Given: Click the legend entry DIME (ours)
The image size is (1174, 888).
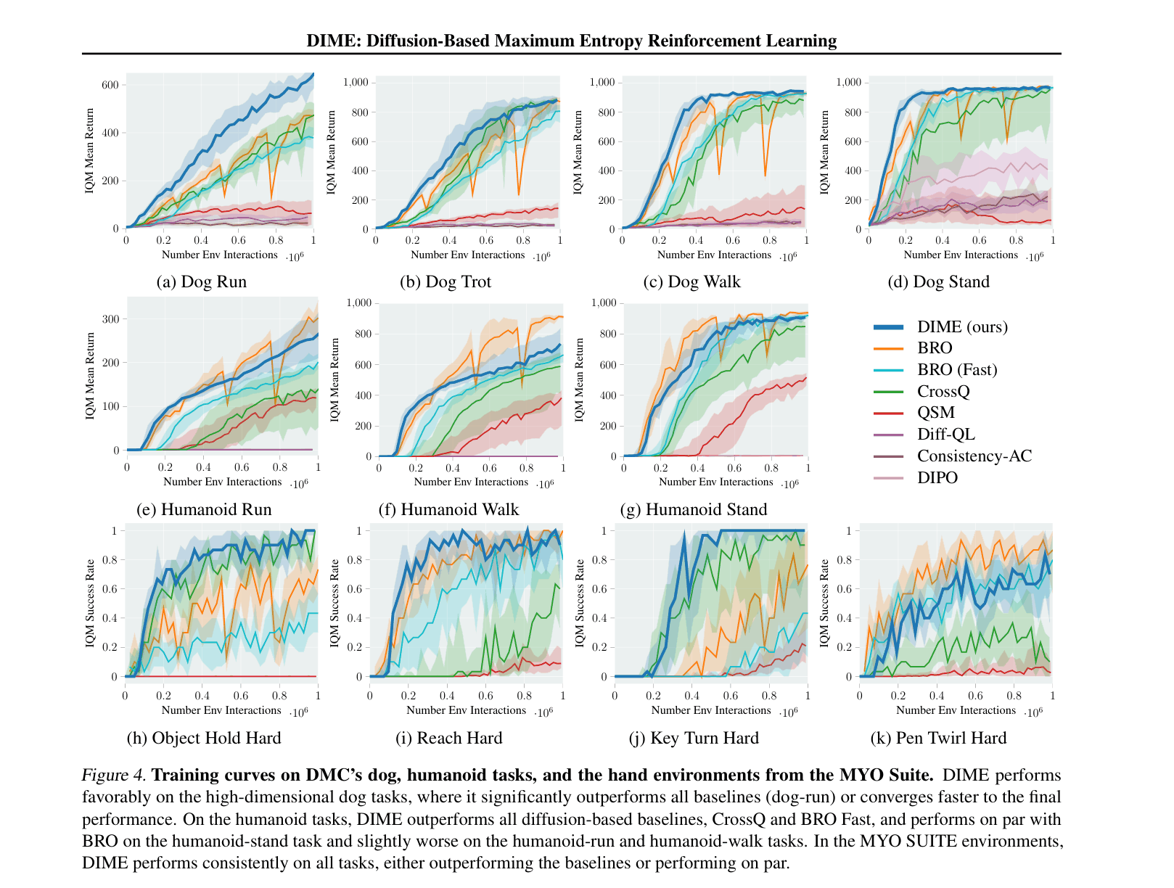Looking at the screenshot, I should (x=962, y=327).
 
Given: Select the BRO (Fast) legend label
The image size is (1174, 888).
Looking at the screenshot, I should (x=957, y=370).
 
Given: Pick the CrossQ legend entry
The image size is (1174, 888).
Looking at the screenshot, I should (x=943, y=392).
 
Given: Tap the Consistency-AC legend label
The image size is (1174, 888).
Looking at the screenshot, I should (x=974, y=456).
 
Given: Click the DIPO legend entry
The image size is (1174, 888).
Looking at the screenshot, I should (x=937, y=478).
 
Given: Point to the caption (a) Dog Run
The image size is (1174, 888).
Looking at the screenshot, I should (x=202, y=282).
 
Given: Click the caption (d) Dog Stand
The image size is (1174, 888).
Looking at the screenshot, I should (x=938, y=282).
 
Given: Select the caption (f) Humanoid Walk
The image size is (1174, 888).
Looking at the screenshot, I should (x=448, y=510).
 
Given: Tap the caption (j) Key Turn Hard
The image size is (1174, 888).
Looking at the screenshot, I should (x=694, y=739).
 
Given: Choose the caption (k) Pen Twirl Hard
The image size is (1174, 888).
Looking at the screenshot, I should (x=938, y=739).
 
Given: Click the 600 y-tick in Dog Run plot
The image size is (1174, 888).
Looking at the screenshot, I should (x=110, y=85).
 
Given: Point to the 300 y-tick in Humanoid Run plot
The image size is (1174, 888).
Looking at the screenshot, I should (x=111, y=319).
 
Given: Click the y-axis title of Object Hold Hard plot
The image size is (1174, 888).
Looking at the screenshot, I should (x=90, y=603).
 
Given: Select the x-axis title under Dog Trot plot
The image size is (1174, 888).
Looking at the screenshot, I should (x=467, y=255).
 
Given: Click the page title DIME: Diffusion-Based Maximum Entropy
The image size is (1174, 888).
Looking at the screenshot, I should (x=571, y=41).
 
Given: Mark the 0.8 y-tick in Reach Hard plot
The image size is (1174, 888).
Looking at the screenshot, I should (x=355, y=560).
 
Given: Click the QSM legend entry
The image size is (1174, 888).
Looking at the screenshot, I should (x=936, y=413).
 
